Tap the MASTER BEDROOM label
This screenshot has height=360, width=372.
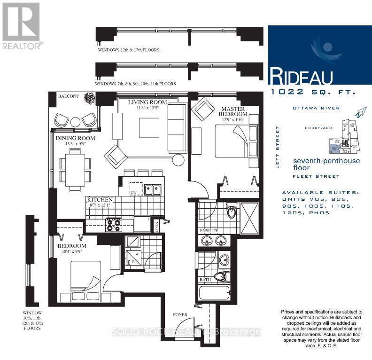234,111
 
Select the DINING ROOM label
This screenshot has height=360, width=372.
76,138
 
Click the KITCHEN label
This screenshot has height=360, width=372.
100,200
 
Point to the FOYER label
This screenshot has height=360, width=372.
180,314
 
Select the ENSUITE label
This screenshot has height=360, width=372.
209,231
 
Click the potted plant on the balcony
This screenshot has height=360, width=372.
89,98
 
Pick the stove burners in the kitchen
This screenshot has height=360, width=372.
113,225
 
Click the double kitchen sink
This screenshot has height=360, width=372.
153,190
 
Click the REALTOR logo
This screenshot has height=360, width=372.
21,26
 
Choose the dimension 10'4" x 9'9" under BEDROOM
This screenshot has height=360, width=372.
72,252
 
